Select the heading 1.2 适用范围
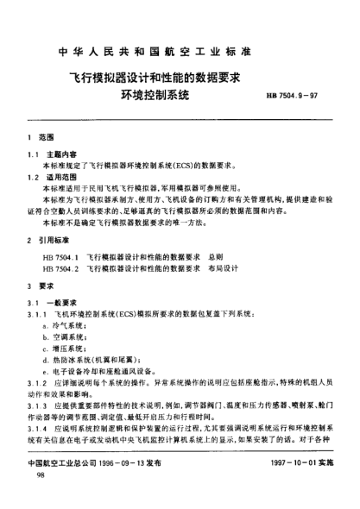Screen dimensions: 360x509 click(52, 176)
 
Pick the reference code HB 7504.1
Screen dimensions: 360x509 click(60, 257)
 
